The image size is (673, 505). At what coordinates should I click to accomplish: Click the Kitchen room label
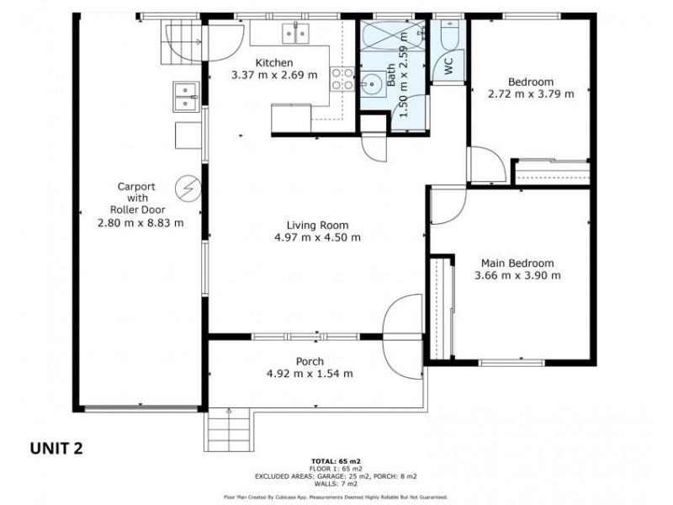274,62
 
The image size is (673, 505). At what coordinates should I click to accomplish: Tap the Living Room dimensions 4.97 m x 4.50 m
318,237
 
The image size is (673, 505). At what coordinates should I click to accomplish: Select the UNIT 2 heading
56,449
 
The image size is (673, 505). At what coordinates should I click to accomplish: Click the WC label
448,66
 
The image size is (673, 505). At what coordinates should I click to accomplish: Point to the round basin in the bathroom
369,82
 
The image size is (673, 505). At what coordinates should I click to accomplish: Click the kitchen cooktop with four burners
342,79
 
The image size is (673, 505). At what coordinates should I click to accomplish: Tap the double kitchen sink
296,34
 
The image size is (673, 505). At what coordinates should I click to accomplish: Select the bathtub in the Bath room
393,35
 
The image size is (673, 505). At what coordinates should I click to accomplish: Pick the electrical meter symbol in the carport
188,188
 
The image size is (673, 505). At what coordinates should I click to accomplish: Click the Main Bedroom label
517,263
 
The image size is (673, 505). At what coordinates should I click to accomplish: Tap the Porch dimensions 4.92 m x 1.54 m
310,374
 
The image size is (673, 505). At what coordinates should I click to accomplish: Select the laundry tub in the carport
186,97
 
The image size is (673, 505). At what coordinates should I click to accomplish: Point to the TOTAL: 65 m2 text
336,461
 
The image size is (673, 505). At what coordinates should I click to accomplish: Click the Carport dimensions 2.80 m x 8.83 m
140,223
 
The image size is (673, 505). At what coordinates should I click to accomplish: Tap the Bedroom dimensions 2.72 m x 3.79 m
531,93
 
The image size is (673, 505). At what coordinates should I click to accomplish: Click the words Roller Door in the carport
137,210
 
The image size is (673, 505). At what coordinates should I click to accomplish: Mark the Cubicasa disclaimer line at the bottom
336,497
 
